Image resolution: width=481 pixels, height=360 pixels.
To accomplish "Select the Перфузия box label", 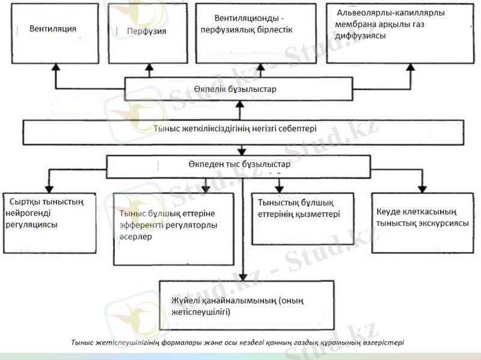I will pyautogui.click(x=147, y=29).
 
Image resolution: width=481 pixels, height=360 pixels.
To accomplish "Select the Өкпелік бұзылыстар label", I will pyautogui.click(x=237, y=91).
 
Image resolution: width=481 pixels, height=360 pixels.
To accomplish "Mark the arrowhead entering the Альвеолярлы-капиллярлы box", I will pyautogui.click(x=409, y=68).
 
